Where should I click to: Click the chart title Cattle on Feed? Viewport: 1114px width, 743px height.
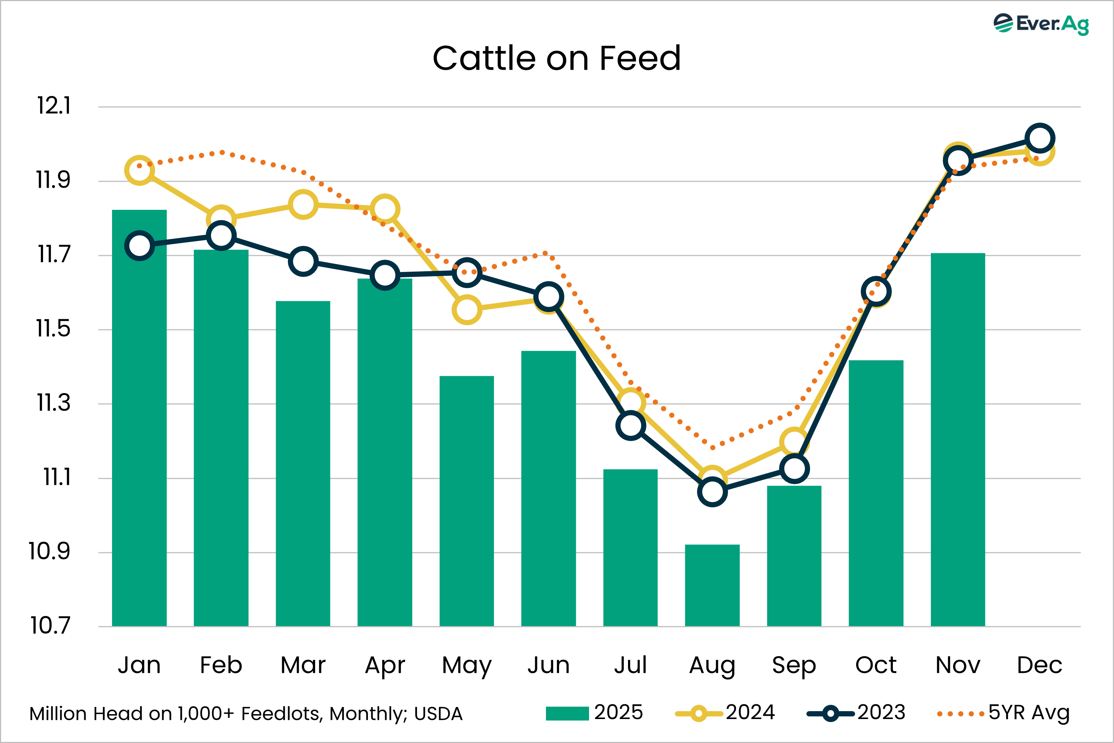(x=556, y=58)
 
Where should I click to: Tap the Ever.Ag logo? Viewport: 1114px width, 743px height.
(x=1041, y=24)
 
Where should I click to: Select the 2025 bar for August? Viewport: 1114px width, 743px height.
(x=712, y=585)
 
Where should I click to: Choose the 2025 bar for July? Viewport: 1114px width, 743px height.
(x=630, y=547)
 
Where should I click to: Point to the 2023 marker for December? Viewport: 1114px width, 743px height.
(x=1039, y=138)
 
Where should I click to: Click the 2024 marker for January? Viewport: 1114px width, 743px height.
(x=139, y=170)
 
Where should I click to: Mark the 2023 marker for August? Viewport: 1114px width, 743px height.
(x=712, y=492)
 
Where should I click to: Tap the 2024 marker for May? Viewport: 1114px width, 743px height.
(x=467, y=309)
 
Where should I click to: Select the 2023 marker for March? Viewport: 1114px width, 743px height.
(x=303, y=261)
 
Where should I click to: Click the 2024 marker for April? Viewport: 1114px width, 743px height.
(x=385, y=209)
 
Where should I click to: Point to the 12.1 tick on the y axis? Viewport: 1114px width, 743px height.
(x=54, y=106)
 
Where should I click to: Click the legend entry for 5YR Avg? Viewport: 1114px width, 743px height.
(x=1028, y=713)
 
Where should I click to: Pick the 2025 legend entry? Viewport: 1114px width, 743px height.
(x=618, y=713)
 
